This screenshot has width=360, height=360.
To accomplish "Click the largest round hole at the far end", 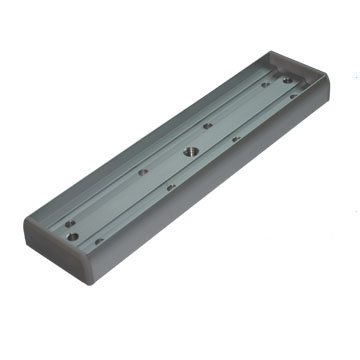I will click(x=288, y=80).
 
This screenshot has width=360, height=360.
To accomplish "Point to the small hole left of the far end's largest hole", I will click(x=265, y=84).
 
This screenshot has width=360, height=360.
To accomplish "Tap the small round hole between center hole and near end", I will click(x=143, y=172).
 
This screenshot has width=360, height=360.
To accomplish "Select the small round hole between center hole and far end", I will click(x=207, y=126).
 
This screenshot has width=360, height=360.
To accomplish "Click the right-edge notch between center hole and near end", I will click(x=171, y=186).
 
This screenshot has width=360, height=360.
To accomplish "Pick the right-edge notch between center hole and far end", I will click(x=236, y=139).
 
